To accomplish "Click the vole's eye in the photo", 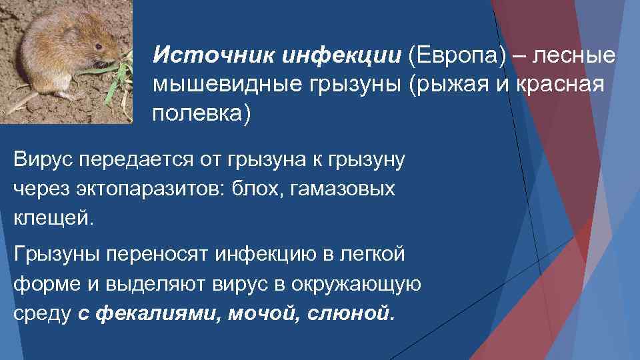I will [97, 47].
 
